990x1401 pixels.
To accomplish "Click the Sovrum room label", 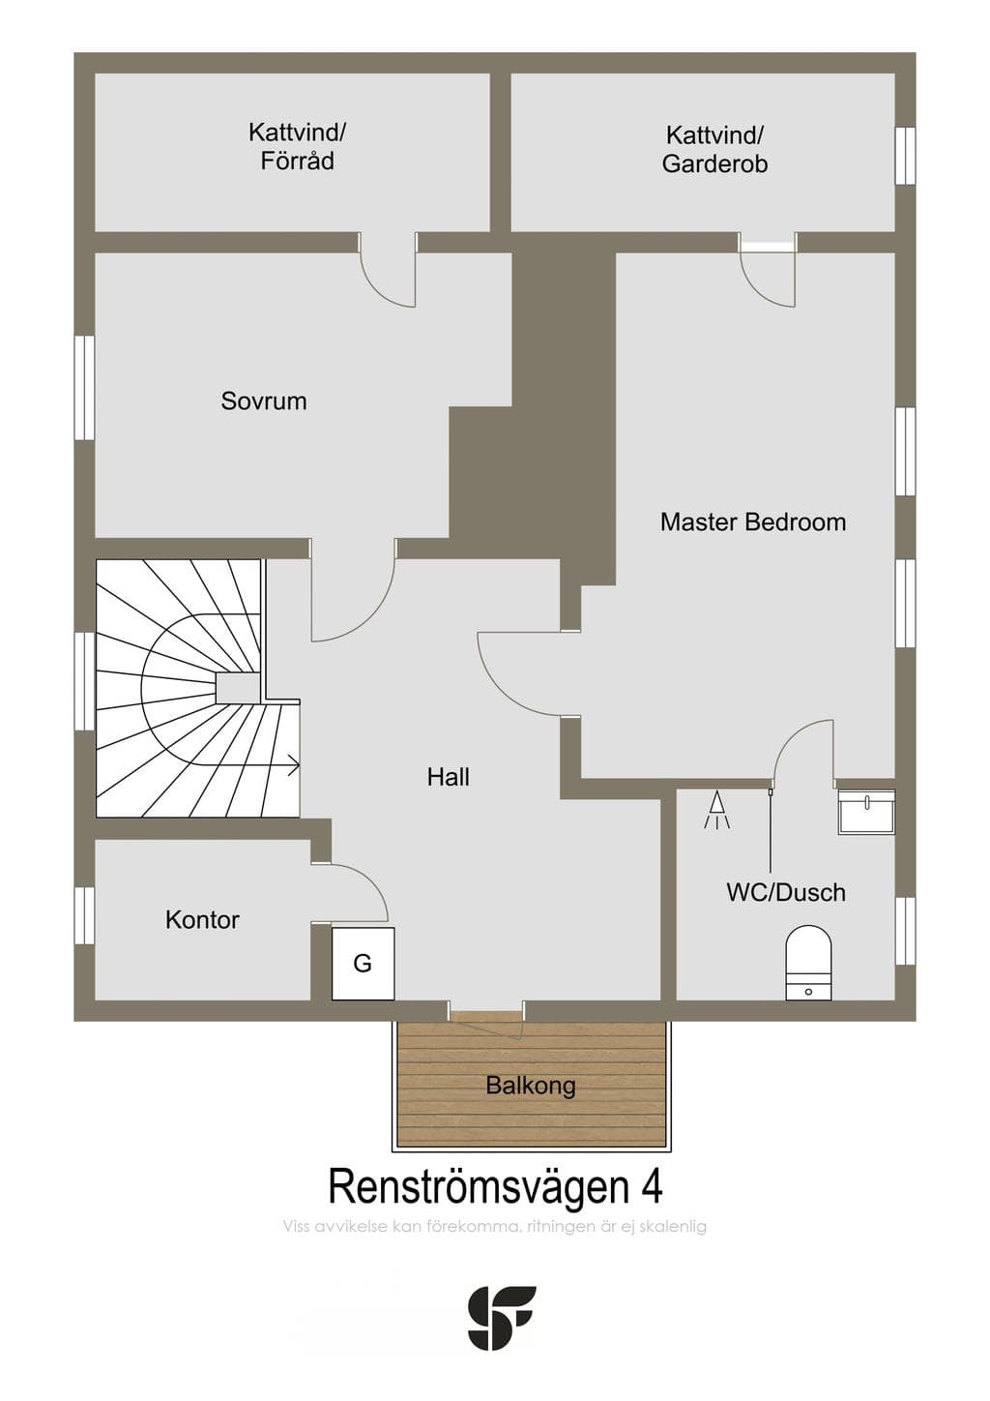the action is coord(264,401).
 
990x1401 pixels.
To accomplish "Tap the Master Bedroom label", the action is coord(753,522).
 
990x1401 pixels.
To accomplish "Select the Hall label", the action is coord(449,778).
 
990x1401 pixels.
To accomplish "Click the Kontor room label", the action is coord(202,920).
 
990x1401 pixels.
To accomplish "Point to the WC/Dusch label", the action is coord(786,892).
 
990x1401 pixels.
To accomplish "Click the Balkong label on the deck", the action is coord(531,1086).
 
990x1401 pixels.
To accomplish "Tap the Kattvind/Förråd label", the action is coord(298,147).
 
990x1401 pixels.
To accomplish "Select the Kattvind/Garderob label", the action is coord(715,149).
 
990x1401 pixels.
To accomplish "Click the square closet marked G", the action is coord(364,964).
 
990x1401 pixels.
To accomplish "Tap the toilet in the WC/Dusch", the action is coord(809,963).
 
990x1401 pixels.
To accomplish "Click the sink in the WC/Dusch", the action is coord(867,812).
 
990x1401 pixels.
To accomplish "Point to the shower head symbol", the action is coord(717,811).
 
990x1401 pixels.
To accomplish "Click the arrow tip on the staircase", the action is coord(299,765).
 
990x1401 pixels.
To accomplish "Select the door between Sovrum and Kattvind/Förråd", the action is coord(388,276).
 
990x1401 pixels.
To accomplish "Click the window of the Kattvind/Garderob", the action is coord(906,156).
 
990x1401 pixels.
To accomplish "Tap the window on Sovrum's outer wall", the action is coord(84,388).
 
